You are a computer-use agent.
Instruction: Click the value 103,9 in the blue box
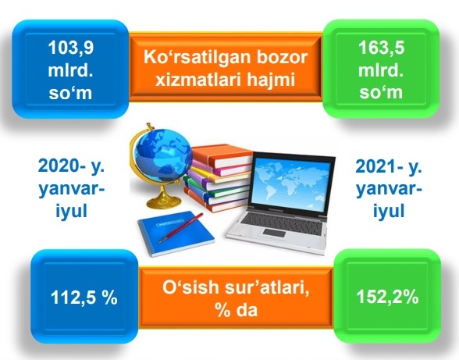[x=70, y=48]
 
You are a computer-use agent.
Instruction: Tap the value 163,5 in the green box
[x=381, y=48]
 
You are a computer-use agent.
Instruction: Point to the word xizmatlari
[x=197, y=80]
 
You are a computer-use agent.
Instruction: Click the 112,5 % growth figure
[x=84, y=298]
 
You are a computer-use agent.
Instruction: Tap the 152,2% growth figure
[x=387, y=297]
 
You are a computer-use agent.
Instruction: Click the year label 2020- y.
[x=71, y=167]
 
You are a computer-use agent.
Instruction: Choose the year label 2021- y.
[x=389, y=167]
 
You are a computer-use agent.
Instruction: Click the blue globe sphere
[x=163, y=156]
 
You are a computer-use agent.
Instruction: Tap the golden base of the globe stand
[x=164, y=203]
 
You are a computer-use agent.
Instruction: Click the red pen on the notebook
[x=181, y=228]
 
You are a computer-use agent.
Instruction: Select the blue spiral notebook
[x=176, y=233]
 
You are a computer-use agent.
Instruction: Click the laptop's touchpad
[x=274, y=233]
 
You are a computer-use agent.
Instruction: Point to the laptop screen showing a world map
[x=292, y=183]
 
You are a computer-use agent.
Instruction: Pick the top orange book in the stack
[x=222, y=156]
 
